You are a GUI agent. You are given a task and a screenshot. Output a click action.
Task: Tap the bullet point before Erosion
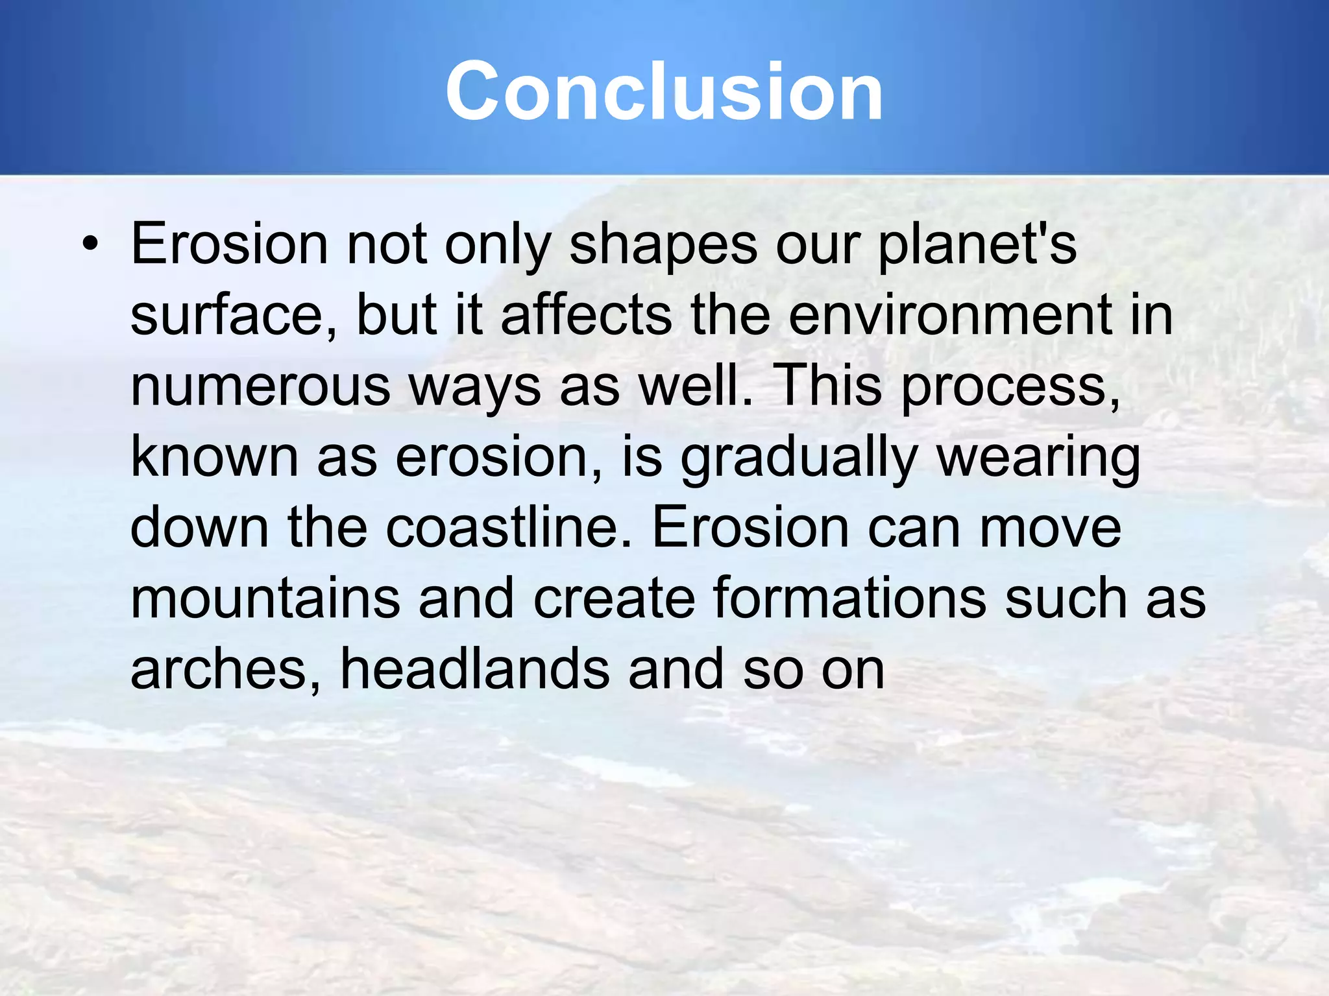[x=90, y=244]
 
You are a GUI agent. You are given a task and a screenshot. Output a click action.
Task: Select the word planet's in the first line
[x=977, y=245]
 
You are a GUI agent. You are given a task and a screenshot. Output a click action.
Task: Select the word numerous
[x=260, y=386]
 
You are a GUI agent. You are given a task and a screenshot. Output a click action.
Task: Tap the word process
[x=1010, y=388]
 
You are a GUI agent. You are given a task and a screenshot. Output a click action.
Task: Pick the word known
[x=214, y=457]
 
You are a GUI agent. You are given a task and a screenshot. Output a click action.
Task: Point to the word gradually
[x=798, y=458]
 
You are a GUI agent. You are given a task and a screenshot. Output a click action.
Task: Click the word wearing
[x=1038, y=458]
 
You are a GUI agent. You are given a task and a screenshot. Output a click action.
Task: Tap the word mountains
[x=265, y=599]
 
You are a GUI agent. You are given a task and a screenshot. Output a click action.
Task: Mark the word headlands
[x=474, y=669]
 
